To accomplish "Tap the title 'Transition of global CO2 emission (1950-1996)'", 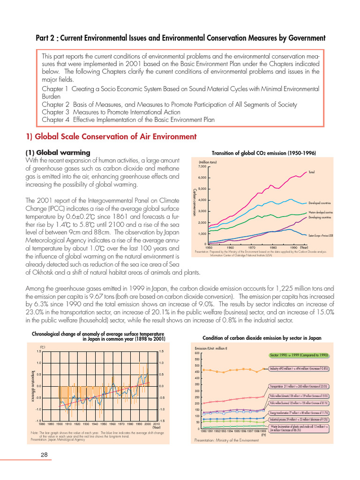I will [264, 153].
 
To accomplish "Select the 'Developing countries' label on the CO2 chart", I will [320, 217].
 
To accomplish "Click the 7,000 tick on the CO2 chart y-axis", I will [202, 166].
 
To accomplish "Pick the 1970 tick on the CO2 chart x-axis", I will [252, 247].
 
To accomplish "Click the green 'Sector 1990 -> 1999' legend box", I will [298, 355].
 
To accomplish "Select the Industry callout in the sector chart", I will [299, 368].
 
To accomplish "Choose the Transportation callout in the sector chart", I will [299, 386].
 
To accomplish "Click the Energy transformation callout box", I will [299, 412].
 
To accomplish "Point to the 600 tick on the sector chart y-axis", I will [197, 353].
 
